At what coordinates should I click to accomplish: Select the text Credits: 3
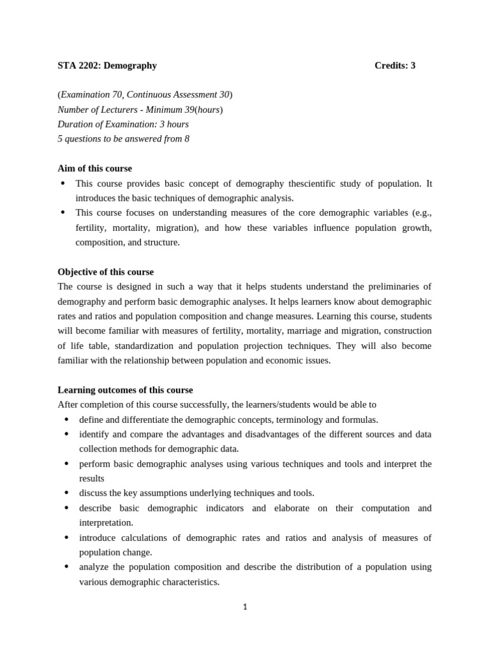(394, 66)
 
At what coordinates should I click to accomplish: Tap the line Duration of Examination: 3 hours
(123, 124)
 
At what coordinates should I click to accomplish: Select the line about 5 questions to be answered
(123, 139)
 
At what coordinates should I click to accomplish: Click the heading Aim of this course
(94, 168)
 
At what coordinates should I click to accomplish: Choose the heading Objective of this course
(105, 272)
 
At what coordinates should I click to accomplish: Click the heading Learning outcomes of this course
(125, 390)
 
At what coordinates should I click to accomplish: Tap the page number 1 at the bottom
(245, 607)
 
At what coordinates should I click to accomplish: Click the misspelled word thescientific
(313, 184)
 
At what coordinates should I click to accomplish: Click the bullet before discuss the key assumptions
(67, 493)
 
